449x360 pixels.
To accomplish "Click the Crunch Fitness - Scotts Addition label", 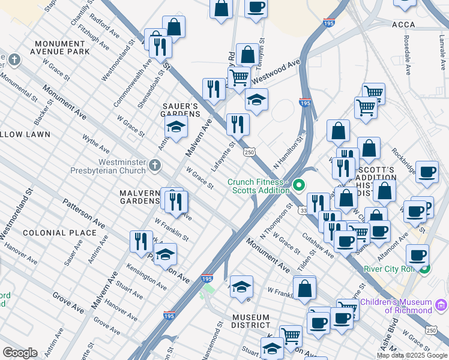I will pos(258,187).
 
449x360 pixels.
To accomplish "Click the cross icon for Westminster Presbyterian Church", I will pos(155,164).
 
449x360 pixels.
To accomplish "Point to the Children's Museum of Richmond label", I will pos(408,306).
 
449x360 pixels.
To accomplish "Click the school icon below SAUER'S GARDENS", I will pos(176,127).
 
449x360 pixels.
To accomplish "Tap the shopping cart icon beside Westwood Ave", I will pos(239,77).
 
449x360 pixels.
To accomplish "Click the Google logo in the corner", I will pos(20,353).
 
